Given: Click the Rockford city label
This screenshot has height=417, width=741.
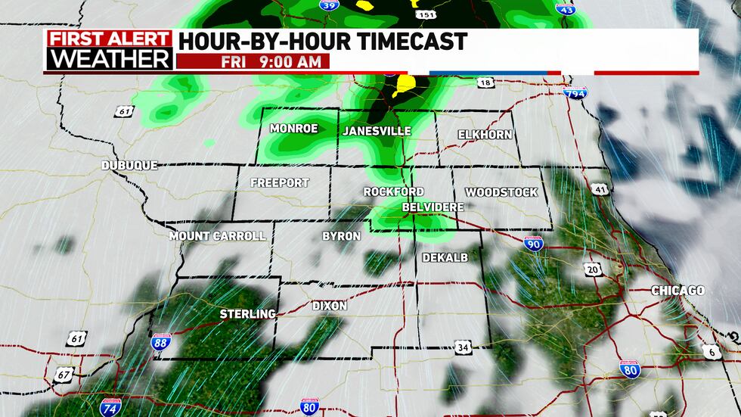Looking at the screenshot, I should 393,191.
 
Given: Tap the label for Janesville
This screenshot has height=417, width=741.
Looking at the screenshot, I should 377,131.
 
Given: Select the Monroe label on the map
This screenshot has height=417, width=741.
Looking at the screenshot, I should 293,128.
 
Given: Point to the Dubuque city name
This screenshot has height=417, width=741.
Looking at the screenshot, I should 130,165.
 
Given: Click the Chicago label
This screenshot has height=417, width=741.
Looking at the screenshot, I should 677,291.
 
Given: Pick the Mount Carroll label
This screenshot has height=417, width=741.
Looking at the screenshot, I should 217,235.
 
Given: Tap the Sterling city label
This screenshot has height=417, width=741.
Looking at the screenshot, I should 247,313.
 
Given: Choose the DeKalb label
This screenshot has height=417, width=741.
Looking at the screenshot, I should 445,257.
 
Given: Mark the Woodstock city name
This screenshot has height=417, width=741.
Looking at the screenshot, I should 501,192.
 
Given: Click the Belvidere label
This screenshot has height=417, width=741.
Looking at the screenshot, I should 433,206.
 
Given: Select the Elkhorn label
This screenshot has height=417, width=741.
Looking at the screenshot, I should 485,134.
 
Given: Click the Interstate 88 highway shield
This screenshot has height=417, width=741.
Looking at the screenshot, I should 160,343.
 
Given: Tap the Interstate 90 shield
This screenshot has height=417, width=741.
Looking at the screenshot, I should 532,244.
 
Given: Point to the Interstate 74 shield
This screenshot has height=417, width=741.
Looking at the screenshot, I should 109,406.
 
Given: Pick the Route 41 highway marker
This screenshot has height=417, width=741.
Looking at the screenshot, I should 600,188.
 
